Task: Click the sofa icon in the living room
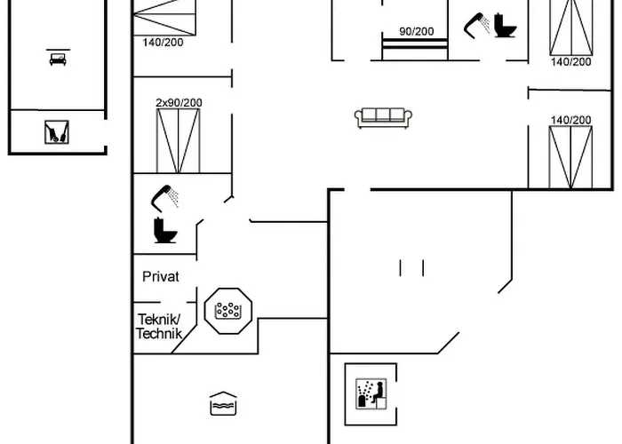pos(383,118)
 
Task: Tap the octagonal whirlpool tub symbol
pos(228,311)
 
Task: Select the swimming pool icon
pos(223,403)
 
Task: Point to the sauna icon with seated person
pos(371,394)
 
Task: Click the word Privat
pos(161,277)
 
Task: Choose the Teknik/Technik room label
pos(159,326)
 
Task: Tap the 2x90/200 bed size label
pos(179,103)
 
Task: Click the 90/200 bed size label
pos(417,31)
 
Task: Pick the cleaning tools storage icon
pos(57,132)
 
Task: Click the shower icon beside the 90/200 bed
pos(476,26)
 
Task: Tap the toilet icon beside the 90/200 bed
pos(505,26)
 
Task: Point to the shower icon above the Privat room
pos(164,198)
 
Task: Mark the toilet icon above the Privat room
pos(165,230)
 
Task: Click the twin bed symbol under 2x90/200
pos(178,140)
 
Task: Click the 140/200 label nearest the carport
pos(163,42)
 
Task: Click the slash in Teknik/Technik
pos(179,320)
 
